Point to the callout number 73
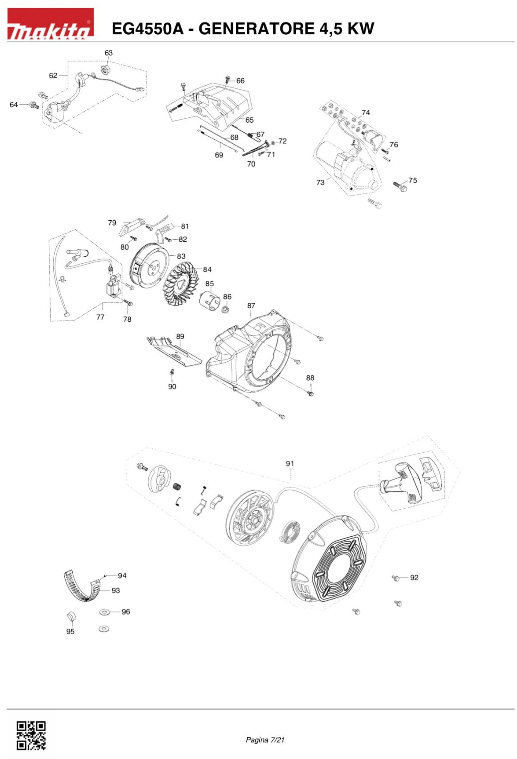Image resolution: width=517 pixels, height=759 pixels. (x=320, y=182)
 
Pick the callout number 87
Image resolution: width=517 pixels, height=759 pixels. (x=251, y=306)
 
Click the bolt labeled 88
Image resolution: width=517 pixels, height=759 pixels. (x=311, y=394)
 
